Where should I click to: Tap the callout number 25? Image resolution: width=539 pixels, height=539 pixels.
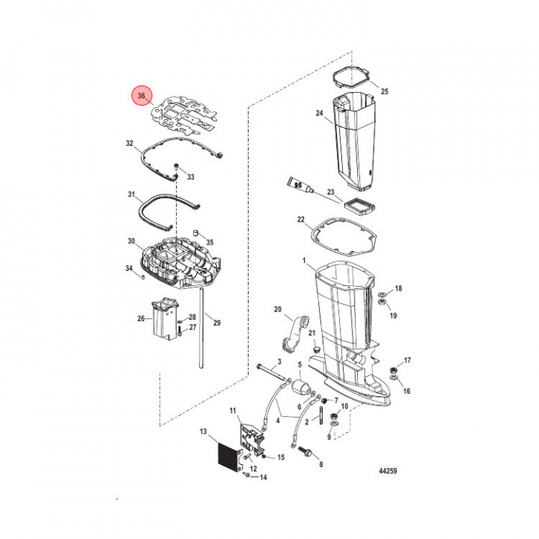(x=386, y=91)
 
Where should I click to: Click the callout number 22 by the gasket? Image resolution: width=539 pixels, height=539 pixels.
(x=300, y=220)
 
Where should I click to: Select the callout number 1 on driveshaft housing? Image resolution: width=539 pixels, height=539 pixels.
(x=305, y=260)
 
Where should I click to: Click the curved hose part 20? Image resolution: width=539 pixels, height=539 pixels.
(x=295, y=329)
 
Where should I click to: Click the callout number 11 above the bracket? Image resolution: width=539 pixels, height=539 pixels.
(x=232, y=410)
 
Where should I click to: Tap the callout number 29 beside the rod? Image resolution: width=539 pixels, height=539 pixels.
(x=217, y=323)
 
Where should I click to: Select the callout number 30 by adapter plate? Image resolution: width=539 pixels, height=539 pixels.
(x=130, y=241)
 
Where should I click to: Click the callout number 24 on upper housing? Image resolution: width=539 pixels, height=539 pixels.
(x=319, y=114)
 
